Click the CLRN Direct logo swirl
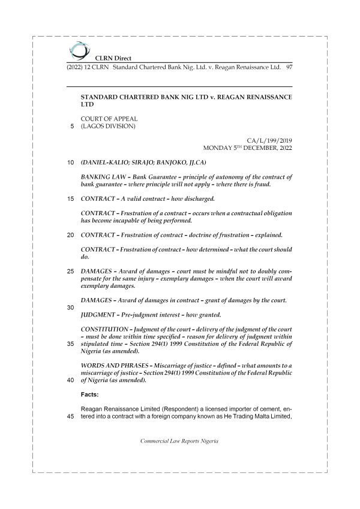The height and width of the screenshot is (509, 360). click(77, 49)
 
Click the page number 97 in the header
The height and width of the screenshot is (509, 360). click(289, 67)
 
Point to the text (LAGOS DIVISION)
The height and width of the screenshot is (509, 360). click(108, 127)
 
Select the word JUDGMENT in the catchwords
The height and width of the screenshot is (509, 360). click(100, 315)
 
